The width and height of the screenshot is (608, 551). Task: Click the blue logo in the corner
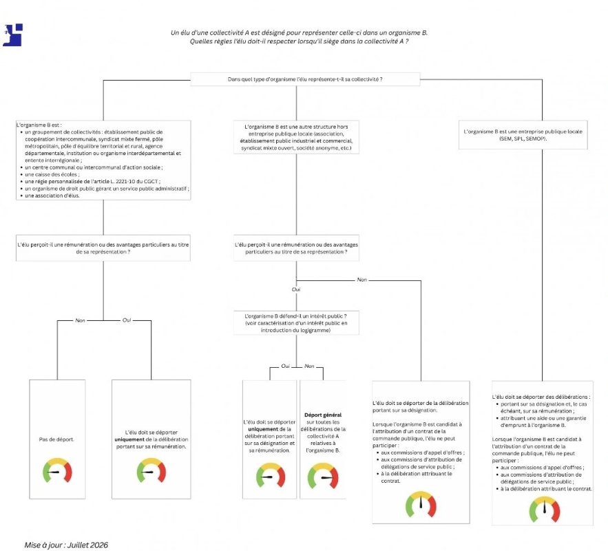click(x=13, y=35)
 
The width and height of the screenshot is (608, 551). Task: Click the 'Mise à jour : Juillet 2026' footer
click(x=66, y=545)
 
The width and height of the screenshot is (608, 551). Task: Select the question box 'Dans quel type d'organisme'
click(x=305, y=79)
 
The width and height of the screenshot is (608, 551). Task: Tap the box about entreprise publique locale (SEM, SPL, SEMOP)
click(x=523, y=135)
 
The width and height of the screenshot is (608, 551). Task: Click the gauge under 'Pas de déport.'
click(x=57, y=470)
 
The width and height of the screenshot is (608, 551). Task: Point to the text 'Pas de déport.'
click(x=56, y=439)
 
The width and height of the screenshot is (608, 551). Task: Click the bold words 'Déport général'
click(x=323, y=415)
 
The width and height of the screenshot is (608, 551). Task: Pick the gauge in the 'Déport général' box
click(x=323, y=476)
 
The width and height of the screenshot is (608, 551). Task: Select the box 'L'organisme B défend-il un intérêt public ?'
click(x=296, y=323)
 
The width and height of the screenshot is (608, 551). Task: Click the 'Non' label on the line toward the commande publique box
click(x=361, y=280)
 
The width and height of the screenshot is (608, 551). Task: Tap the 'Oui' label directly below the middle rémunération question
click(x=296, y=289)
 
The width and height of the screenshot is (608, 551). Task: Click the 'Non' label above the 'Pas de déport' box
click(x=81, y=320)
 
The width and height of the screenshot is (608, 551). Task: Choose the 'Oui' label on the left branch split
click(x=127, y=320)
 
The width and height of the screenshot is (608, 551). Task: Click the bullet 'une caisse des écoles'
click(x=52, y=174)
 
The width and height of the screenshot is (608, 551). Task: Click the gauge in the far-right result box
click(x=545, y=509)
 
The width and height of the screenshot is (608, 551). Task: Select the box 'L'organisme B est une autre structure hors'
click(x=296, y=137)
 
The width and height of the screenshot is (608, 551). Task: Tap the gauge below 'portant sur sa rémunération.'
click(x=151, y=470)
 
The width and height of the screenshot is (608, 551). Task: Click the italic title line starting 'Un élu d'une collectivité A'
click(x=299, y=32)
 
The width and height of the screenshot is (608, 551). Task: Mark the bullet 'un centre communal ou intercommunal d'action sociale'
click(x=94, y=167)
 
